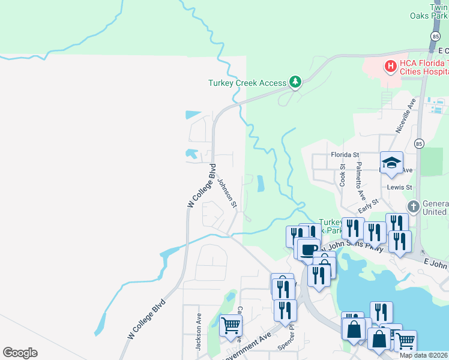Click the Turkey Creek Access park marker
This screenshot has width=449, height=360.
pos(295,82)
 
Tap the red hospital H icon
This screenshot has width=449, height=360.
pos(390,65)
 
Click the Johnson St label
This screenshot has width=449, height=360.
pos(228,193)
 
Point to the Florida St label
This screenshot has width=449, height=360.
pos(345,154)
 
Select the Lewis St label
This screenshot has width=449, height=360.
pos(399,187)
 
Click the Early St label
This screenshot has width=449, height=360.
pos(367,206)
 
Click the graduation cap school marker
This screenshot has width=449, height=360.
pos(391,163)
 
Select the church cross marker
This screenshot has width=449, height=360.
pos(414,207)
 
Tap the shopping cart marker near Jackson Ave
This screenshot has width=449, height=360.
pos(231,326)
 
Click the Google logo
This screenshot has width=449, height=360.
pos(20,353)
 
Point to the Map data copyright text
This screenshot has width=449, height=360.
pos(424,355)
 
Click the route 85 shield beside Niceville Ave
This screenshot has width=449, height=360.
pos(419,143)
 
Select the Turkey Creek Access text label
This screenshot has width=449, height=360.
pos(247,83)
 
